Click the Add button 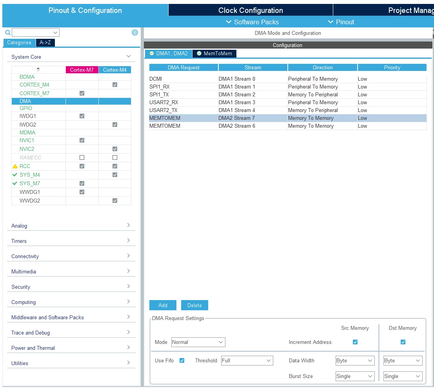point(163,305)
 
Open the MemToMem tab point(214,53)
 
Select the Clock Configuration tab point(251,10)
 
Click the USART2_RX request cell point(164,102)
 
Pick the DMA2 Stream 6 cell point(237,126)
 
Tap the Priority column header point(392,67)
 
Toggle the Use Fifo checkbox point(182,360)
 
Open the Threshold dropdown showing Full point(247,360)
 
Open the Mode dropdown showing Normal point(198,342)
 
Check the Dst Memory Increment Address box point(403,342)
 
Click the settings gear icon point(135,33)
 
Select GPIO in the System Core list point(26,109)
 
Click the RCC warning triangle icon point(15,166)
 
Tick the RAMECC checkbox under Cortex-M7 point(82,157)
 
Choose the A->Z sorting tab point(45,43)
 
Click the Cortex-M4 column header point(114,70)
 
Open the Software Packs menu point(252,22)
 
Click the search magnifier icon point(8,33)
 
